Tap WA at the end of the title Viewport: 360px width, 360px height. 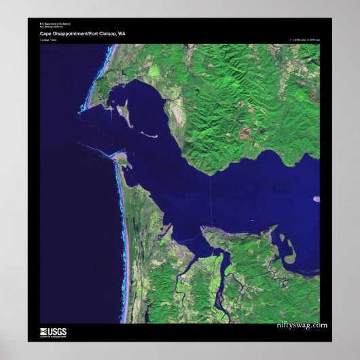122,33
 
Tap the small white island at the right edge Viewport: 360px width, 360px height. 316,199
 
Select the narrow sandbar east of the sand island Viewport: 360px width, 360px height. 149,134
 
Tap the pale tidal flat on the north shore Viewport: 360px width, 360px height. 170,102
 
